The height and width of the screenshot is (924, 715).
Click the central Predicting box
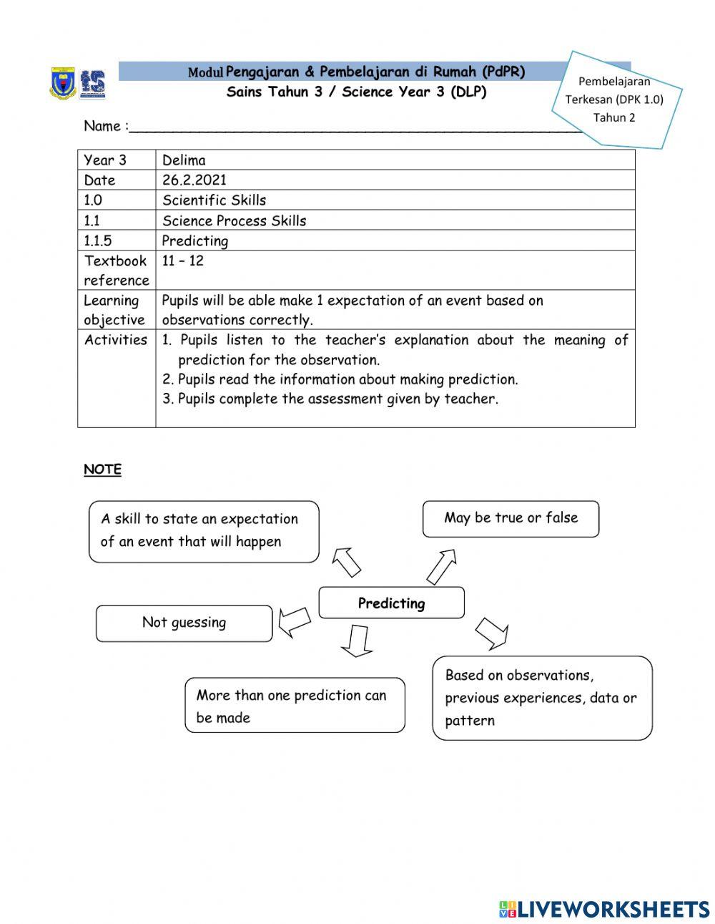click(x=391, y=603)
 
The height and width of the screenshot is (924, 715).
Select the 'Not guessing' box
click(x=184, y=623)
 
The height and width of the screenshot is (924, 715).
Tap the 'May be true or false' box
click(x=511, y=518)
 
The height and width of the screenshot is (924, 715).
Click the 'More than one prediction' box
click(x=295, y=705)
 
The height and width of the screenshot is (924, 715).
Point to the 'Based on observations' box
click(x=542, y=698)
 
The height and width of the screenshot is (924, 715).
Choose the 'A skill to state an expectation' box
click(x=203, y=531)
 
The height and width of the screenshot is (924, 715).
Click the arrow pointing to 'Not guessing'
click(x=294, y=621)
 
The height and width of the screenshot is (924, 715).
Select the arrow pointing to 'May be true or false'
click(x=441, y=566)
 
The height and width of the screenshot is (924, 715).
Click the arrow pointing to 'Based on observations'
click(x=491, y=633)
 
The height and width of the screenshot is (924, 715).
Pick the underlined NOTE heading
click(x=102, y=470)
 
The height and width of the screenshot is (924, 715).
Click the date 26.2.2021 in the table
click(x=194, y=180)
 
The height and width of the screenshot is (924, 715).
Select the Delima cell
click(x=184, y=160)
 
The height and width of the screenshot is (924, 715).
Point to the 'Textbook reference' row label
click(x=116, y=270)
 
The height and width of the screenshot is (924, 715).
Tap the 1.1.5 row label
click(x=98, y=240)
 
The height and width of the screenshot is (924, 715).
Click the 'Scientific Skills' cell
click(x=214, y=200)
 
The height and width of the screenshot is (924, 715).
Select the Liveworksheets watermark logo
click(x=604, y=909)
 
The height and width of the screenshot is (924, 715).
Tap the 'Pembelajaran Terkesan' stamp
click(x=615, y=99)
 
